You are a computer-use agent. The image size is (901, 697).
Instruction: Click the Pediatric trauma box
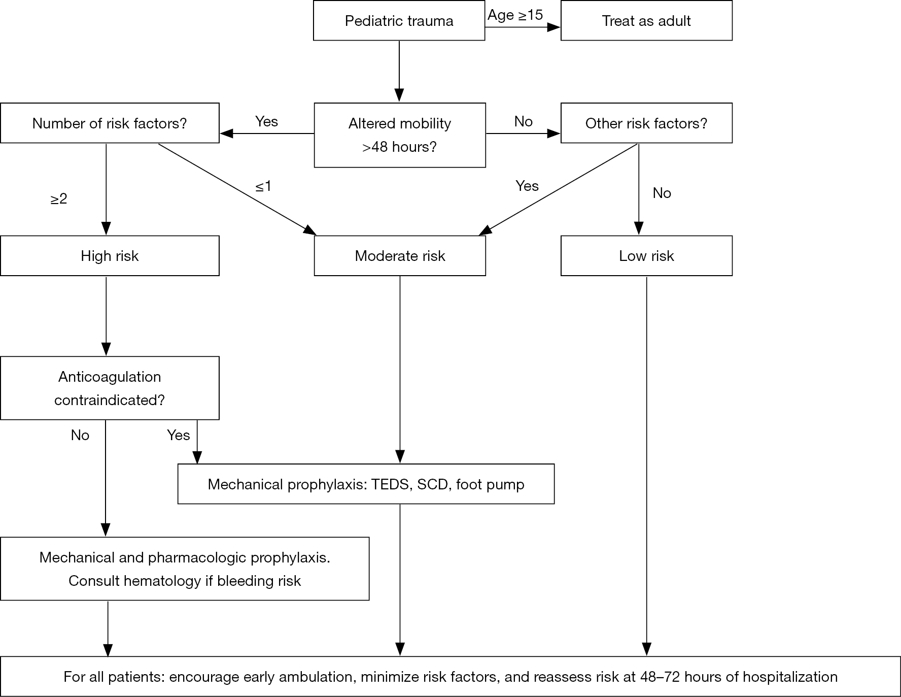(x=399, y=21)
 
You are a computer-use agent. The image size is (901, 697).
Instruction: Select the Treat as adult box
(x=646, y=21)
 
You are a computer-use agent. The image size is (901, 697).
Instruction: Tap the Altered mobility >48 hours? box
(x=400, y=135)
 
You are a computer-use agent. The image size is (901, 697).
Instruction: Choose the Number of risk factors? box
(x=110, y=123)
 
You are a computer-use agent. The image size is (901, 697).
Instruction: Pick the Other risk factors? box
(x=646, y=123)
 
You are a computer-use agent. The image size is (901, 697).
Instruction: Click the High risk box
(x=110, y=256)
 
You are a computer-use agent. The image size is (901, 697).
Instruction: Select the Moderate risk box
(x=400, y=256)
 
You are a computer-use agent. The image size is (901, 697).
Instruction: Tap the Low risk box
(x=646, y=256)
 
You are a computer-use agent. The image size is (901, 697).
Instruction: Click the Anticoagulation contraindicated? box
(x=110, y=388)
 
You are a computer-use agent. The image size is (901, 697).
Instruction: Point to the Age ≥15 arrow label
(x=515, y=16)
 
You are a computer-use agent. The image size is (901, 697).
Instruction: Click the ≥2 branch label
(x=59, y=199)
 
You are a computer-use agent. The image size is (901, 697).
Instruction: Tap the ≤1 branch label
(x=263, y=186)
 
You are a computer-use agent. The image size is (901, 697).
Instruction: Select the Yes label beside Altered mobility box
(x=267, y=121)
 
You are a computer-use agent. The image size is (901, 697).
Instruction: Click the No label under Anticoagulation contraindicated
(x=80, y=435)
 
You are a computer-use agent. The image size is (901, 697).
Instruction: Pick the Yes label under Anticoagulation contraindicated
(x=179, y=435)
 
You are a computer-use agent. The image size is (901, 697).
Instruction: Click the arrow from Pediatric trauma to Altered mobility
(x=399, y=72)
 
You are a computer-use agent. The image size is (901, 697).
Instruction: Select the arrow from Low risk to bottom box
(x=646, y=466)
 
